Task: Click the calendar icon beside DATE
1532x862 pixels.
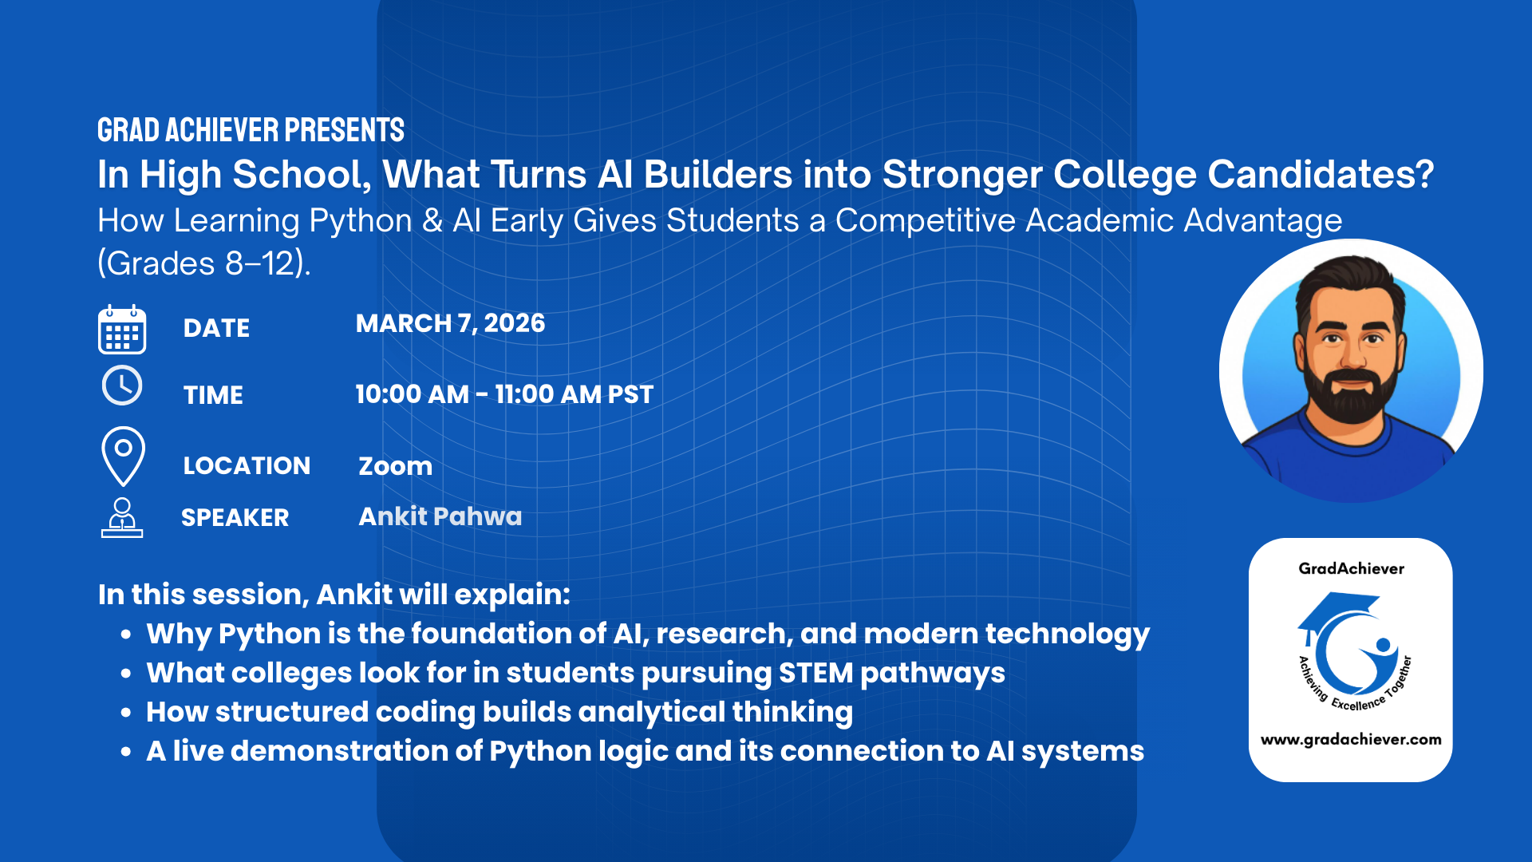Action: [x=122, y=330]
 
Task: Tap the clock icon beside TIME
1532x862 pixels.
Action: [x=122, y=386]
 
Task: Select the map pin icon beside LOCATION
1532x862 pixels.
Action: [x=123, y=455]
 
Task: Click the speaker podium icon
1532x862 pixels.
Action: [x=122, y=518]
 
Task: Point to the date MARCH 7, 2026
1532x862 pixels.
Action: [x=450, y=323]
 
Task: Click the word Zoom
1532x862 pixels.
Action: [x=395, y=466]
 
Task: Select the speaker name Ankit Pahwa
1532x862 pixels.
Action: [x=440, y=516]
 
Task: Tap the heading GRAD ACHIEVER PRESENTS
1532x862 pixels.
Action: [x=251, y=130]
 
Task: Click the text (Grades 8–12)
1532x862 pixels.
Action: [x=203, y=263]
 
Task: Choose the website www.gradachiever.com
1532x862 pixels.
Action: [x=1350, y=739]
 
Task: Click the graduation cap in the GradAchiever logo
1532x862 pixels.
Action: [x=1338, y=610]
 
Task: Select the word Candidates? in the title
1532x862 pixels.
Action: [x=1321, y=175]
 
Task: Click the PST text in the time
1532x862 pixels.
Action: [x=630, y=394]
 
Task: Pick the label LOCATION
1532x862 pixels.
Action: [x=247, y=466]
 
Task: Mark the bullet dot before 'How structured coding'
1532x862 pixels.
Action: [x=126, y=712]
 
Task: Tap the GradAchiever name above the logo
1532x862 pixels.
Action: [x=1351, y=568]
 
